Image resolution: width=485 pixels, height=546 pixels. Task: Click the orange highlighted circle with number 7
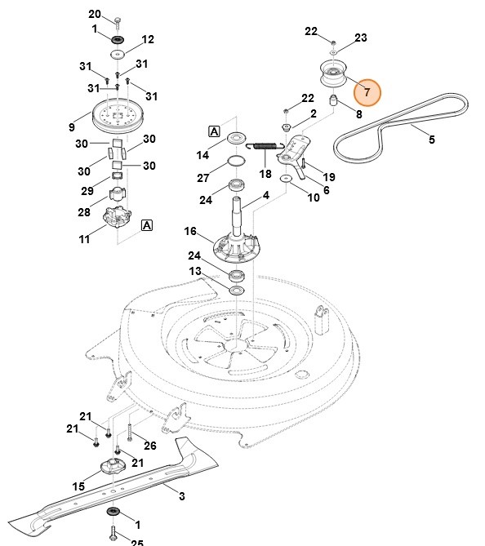click(367, 92)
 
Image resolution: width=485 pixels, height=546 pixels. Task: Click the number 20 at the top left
click(95, 15)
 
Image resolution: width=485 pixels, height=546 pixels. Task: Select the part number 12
click(148, 39)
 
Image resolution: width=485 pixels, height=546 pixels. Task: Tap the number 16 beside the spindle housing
click(190, 232)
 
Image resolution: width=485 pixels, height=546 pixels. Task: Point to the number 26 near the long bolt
click(149, 445)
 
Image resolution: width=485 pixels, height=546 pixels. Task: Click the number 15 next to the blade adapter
click(78, 486)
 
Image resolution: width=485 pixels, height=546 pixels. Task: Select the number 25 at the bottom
click(137, 541)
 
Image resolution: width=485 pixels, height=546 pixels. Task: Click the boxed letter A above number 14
click(215, 131)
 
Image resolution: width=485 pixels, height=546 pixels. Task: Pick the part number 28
click(83, 212)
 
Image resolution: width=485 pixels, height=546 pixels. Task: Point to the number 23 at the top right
click(361, 38)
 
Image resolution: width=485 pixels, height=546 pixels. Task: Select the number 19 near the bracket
click(329, 177)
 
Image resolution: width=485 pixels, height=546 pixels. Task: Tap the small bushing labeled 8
click(333, 101)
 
